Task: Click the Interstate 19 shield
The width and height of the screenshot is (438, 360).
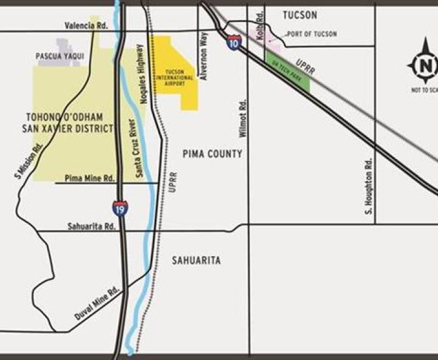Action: pyautogui.click(x=121, y=208)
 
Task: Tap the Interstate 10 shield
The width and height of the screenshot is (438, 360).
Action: pyautogui.click(x=234, y=43)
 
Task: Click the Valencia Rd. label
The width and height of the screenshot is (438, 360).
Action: pyautogui.click(x=86, y=26)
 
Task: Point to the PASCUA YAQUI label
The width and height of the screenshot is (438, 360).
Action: pyautogui.click(x=60, y=56)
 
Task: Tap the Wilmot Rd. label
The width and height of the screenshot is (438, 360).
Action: pyautogui.click(x=243, y=120)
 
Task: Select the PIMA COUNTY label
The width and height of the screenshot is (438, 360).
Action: pyautogui.click(x=212, y=153)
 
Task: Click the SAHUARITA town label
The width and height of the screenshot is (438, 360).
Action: pyautogui.click(x=196, y=260)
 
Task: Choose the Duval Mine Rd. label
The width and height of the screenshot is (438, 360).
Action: pyautogui.click(x=96, y=304)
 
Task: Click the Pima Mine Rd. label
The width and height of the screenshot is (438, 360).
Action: pyautogui.click(x=91, y=178)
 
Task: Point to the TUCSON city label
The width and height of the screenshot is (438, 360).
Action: pyautogui.click(x=300, y=15)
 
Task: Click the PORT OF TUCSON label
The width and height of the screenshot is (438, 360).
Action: pyautogui.click(x=312, y=34)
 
